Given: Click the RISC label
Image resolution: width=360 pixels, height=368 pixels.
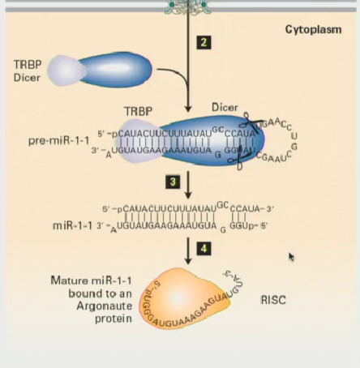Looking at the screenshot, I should (x=273, y=300).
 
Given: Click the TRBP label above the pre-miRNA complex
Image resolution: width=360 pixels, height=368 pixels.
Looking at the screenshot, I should (x=138, y=111).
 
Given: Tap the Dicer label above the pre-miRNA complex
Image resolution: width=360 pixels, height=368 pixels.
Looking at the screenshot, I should (x=225, y=107).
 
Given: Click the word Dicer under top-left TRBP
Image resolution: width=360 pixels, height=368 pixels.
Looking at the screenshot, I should (x=27, y=78).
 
